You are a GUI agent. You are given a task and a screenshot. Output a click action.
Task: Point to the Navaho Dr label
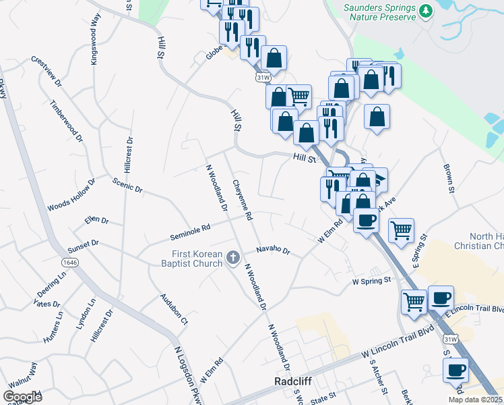pos(273,251)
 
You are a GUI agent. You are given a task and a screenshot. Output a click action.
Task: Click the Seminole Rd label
pos(190,232)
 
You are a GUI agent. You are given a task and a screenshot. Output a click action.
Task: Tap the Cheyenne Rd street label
pos(243,200)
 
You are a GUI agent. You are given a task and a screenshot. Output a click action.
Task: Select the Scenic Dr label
pos(128,186)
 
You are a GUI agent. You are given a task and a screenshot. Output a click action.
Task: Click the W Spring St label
pos(371,280)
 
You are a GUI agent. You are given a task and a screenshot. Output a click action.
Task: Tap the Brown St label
pos(449,178)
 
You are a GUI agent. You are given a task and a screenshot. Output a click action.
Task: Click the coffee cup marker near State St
pos(455,371)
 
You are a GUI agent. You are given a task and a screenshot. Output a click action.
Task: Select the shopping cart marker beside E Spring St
pos(401,230)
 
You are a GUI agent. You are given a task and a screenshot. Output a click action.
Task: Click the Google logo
pos(22,397)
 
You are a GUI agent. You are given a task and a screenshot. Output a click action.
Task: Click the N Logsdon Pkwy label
pos(189,376)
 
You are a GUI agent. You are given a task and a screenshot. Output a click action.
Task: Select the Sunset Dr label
pos(84,246)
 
